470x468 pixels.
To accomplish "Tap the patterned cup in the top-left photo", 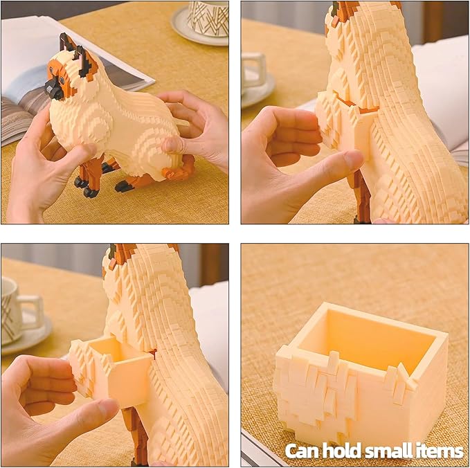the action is pos(208,19).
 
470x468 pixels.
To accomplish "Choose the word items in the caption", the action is pos(440,450).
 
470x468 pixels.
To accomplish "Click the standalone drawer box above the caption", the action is pos(362,372).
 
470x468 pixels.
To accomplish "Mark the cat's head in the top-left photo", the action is pos(71,69).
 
